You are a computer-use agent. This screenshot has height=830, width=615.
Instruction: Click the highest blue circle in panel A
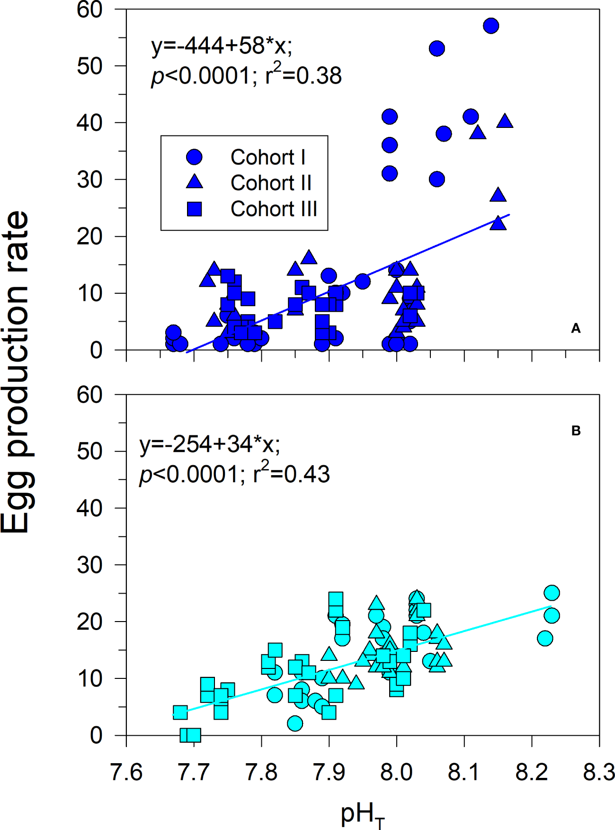491,26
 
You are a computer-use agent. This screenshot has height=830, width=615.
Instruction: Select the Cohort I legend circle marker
194,157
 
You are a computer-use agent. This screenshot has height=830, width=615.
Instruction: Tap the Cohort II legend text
271,183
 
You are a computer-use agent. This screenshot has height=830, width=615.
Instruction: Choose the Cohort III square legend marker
194,209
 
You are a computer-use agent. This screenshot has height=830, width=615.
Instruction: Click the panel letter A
575,328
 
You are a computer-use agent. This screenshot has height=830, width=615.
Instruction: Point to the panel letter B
576,431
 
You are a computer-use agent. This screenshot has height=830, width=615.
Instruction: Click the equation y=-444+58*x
222,46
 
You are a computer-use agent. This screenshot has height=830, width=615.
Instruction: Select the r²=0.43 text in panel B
291,474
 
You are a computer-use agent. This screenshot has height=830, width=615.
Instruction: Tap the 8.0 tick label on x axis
396,773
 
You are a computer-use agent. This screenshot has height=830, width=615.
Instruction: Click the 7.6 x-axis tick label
126,773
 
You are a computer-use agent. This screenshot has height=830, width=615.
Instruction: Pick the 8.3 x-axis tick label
598,773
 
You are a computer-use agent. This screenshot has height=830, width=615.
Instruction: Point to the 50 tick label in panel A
89,66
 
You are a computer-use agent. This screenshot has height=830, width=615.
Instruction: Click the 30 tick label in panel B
89,565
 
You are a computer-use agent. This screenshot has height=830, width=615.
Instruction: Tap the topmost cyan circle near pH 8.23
552,593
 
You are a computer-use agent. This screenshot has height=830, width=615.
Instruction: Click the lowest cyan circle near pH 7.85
295,723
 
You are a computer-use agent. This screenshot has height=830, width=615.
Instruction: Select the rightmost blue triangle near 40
505,121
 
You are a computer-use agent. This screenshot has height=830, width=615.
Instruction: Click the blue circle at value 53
437,48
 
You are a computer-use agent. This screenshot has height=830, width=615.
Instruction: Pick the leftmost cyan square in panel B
180,713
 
